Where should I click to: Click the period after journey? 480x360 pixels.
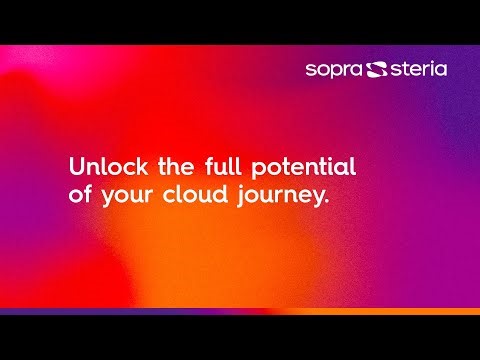tap(326, 203)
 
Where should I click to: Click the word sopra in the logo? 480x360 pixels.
tap(335, 69)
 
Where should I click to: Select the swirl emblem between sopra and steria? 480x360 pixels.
tap(377, 69)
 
